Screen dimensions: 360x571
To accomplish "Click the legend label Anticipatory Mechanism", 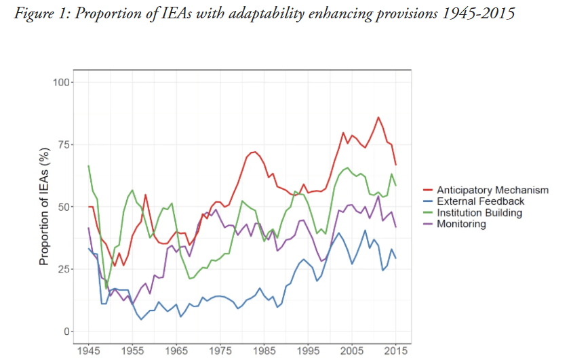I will point(492,190).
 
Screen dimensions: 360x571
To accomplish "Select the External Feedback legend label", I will point(480,201).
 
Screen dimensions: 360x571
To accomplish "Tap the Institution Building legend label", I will point(479,213).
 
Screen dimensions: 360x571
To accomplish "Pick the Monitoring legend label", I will point(461,224).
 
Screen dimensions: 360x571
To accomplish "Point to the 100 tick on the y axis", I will point(63,82).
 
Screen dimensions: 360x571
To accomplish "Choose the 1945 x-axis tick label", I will point(88,351).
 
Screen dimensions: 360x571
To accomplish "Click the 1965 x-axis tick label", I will point(176,351).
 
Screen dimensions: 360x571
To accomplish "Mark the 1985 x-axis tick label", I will point(264,351).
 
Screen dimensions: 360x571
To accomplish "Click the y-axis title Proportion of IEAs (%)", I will point(45,207).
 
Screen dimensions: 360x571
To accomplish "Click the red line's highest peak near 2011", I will point(378,117).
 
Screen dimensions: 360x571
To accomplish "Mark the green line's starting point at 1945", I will point(88,165).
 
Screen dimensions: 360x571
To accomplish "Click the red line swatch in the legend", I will point(428,190).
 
